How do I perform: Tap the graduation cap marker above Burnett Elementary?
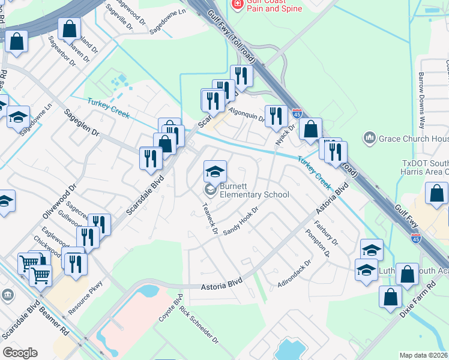[x=215, y=172]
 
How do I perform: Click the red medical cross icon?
[x=238, y=4]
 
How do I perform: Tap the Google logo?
[x=20, y=353]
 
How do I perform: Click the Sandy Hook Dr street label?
[x=240, y=221]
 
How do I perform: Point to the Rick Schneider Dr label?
[x=199, y=324]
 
